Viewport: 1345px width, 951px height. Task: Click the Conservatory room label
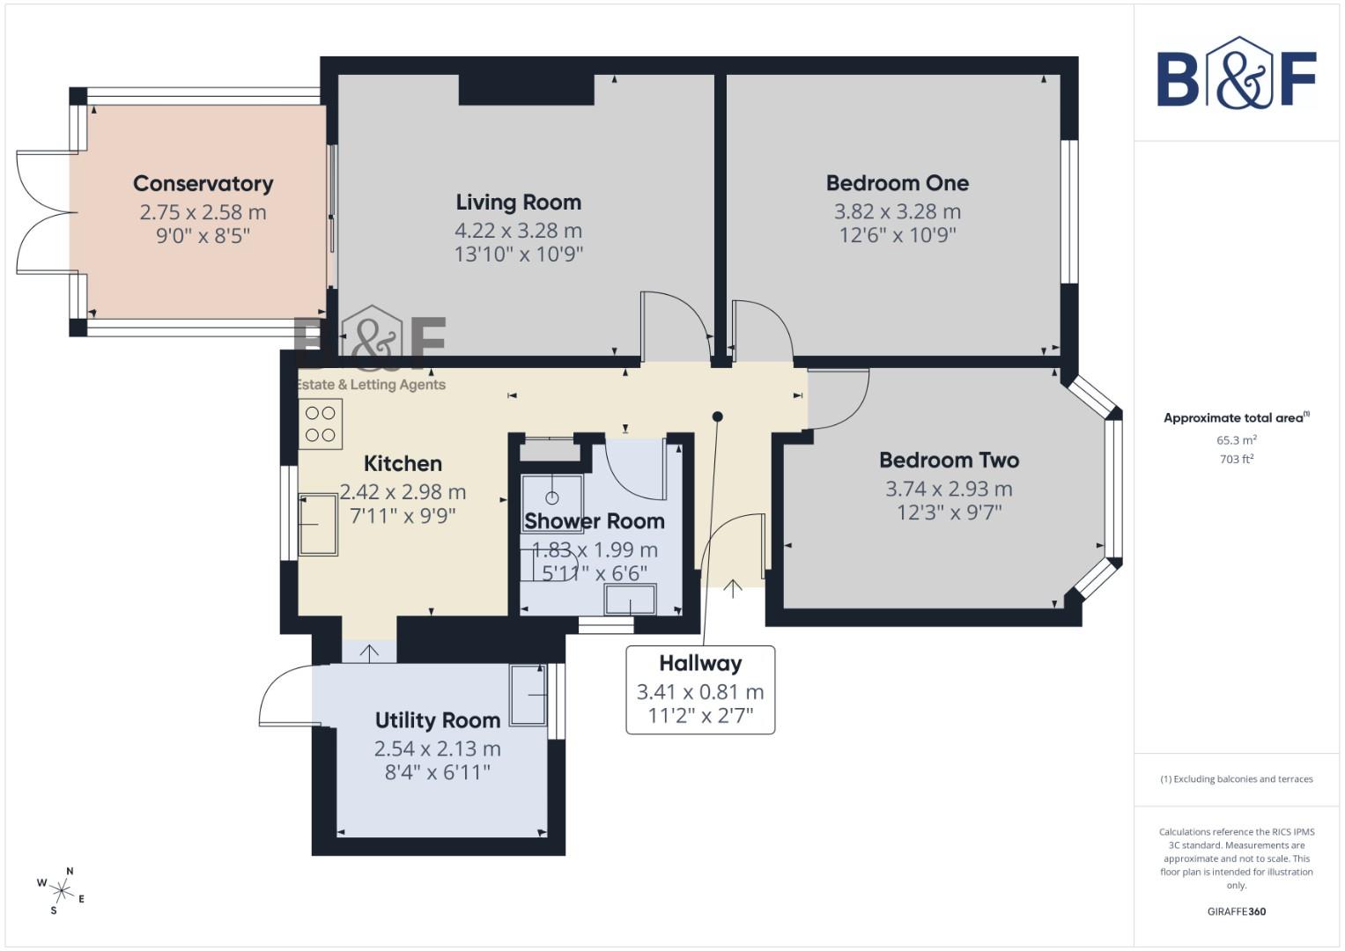203,183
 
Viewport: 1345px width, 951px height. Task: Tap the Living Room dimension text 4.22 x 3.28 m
518,230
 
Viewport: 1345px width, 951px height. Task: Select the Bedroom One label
897,183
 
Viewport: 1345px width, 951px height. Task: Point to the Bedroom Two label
949,460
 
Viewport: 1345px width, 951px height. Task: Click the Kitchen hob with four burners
321,424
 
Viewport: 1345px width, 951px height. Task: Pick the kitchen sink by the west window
318,525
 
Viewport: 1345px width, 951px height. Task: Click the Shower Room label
594,521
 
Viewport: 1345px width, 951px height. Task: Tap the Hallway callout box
700,689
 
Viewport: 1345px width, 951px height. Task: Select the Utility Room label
437,720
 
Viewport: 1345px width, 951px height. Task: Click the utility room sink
528,695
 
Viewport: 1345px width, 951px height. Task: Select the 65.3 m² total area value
1236,439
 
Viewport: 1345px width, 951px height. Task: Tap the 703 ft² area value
1236,459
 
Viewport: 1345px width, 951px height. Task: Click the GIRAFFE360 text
1236,911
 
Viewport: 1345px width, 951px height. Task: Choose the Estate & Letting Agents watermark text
371,385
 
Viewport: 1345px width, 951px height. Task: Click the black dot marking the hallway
718,417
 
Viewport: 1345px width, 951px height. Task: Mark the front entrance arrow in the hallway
733,587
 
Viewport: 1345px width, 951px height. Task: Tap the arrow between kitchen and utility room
369,652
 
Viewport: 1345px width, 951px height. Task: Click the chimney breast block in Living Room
526,90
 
